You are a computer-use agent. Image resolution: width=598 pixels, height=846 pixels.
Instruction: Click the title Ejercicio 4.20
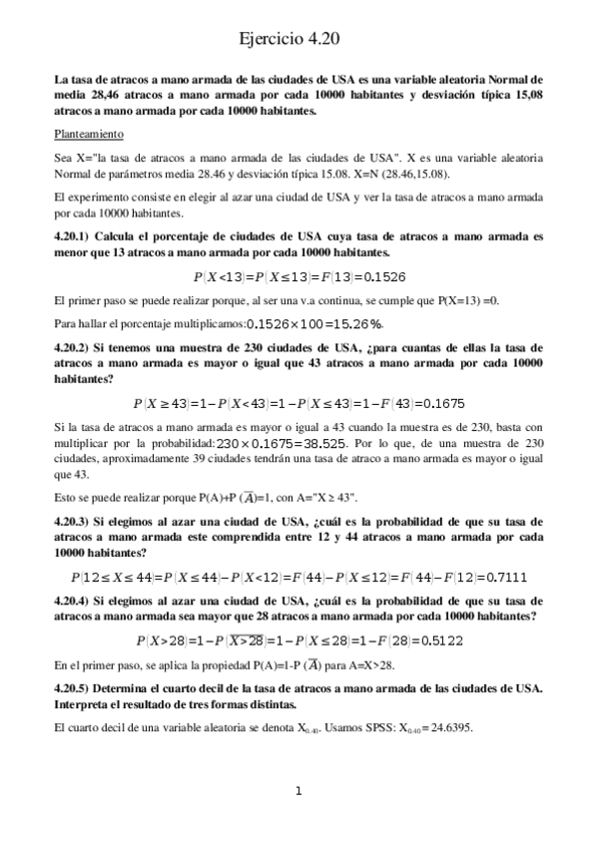299,39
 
